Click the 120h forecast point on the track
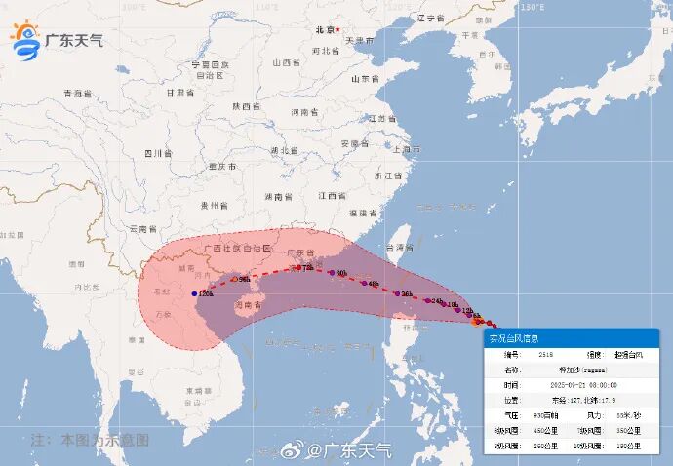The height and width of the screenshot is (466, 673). click(x=196, y=292)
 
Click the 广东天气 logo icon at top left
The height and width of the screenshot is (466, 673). click(x=25, y=38)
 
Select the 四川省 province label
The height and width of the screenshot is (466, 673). click(x=157, y=153)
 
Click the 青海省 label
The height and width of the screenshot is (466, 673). click(x=77, y=94)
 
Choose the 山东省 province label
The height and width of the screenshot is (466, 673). click(x=363, y=79)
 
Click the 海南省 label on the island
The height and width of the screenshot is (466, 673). click(x=248, y=305)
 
